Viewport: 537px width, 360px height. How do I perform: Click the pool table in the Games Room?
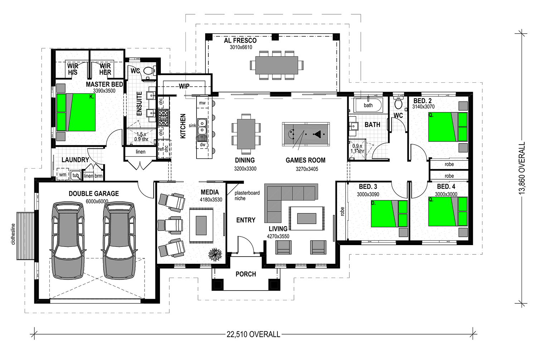point(306,134)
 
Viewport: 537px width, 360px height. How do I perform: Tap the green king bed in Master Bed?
point(76,112)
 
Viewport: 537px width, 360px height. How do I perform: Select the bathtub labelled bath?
point(368,105)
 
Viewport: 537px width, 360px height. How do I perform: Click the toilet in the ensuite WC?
point(149,71)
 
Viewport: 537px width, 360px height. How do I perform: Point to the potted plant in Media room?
point(215,254)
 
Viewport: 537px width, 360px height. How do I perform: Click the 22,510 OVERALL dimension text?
point(253,334)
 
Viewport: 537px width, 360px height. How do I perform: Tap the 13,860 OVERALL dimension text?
point(522,168)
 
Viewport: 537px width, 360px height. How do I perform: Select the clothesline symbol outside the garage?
point(25,236)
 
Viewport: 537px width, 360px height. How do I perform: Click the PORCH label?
point(246,274)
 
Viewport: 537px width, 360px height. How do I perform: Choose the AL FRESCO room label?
point(240,40)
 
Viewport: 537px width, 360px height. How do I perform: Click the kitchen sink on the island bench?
point(202,127)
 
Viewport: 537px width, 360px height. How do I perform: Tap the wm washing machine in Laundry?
point(63,175)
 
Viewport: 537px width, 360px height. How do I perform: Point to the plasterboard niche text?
point(247,196)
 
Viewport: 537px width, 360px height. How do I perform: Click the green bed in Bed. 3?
point(389,214)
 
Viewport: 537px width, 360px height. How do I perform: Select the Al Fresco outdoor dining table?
point(277,65)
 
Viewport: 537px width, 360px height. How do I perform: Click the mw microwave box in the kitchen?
point(202,103)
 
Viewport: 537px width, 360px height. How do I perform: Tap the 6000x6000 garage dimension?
point(97,201)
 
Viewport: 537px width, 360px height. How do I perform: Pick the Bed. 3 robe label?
point(342,211)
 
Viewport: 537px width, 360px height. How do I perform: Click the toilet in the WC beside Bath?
point(398,103)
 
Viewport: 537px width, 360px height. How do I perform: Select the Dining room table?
point(246,134)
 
